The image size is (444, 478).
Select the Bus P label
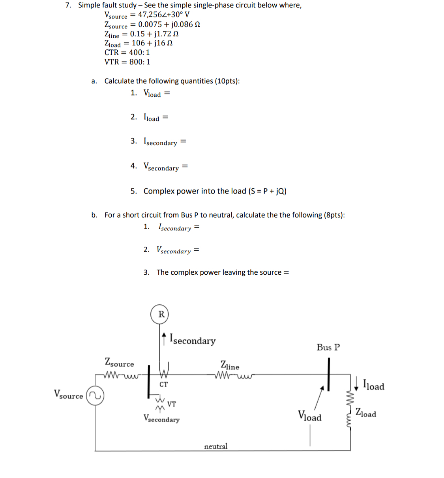(x=328, y=347)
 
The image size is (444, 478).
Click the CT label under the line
(x=163, y=384)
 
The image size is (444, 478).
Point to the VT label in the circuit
(x=172, y=404)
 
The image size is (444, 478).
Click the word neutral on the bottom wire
(x=215, y=446)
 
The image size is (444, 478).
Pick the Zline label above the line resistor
(x=230, y=365)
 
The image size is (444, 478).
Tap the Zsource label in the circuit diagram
(x=119, y=362)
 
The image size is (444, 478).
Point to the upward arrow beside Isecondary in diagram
(x=164, y=339)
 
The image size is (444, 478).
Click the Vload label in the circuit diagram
(x=309, y=416)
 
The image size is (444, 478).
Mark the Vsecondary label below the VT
(x=161, y=418)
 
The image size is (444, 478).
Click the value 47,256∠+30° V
(x=163, y=15)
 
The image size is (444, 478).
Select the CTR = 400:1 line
(x=127, y=52)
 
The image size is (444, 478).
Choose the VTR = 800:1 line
(x=127, y=62)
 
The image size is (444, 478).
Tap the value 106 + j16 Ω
(x=152, y=43)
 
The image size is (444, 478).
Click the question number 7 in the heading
(x=68, y=5)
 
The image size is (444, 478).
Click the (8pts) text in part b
(x=334, y=215)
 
